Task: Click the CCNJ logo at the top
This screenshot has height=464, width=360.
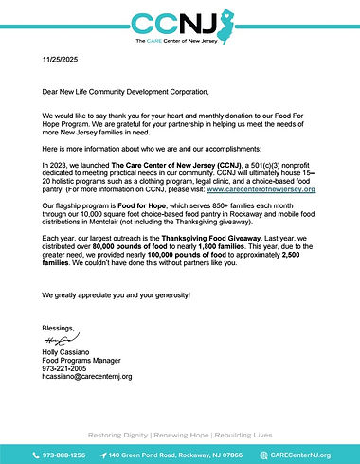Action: (x=180, y=25)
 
